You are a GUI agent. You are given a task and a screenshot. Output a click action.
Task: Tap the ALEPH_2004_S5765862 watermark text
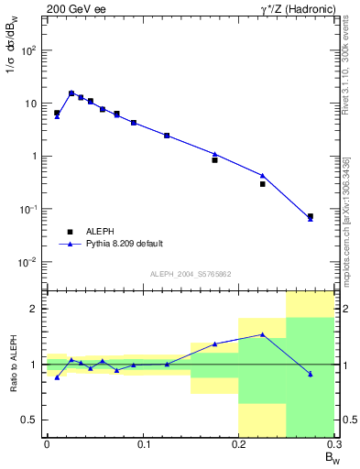coord(189,275)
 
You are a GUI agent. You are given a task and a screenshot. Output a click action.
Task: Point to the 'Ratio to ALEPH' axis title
coord(13,363)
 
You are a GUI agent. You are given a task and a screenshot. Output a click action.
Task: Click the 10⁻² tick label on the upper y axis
coord(28,262)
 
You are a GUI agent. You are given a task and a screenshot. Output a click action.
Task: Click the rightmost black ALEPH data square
coord(310,216)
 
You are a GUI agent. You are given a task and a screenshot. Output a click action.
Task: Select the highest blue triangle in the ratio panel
coord(262,334)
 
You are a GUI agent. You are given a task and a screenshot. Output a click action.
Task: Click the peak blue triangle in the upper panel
coord(71,93)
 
